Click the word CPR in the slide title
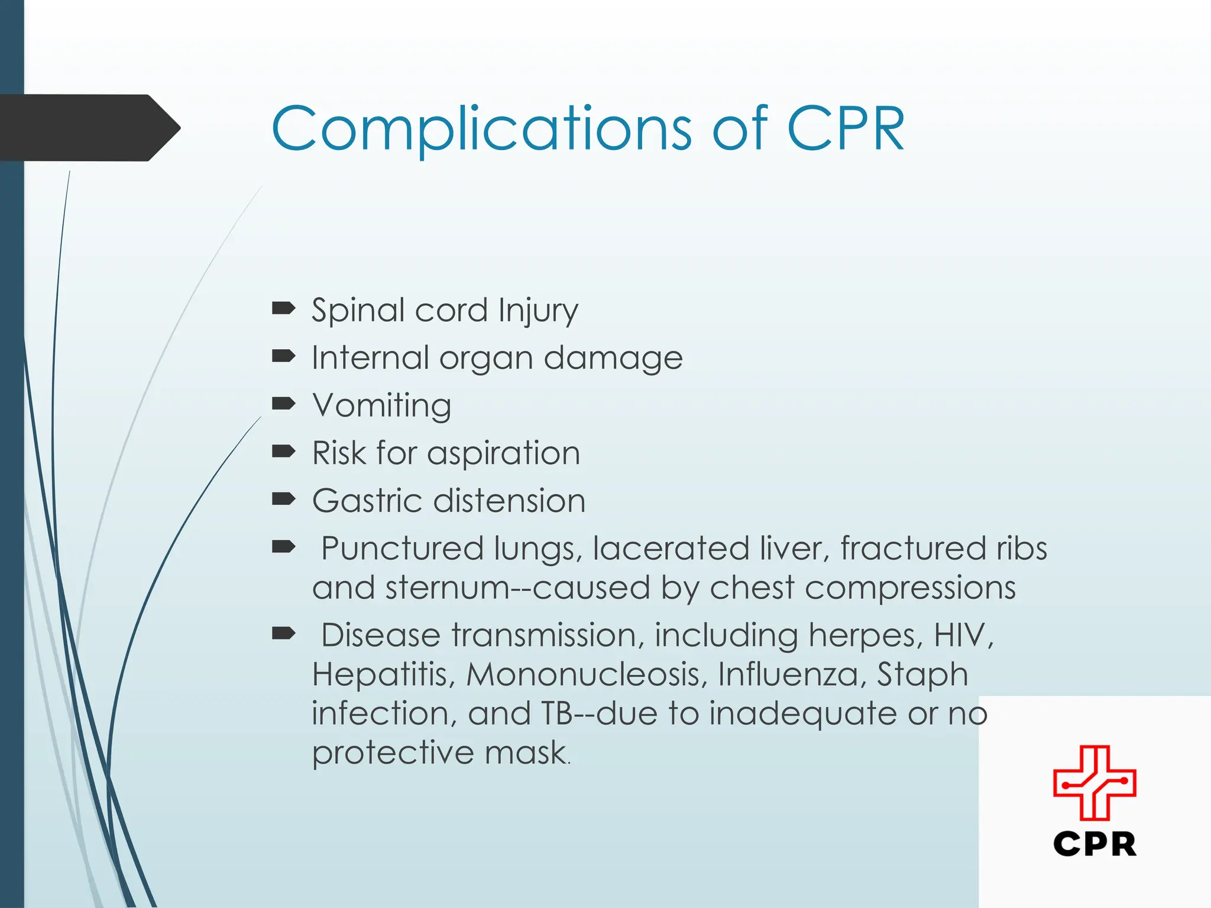(846, 129)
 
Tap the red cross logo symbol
(1095, 783)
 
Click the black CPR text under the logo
(1095, 844)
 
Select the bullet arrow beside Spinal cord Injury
(283, 308)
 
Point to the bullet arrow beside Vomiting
(283, 404)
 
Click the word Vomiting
(382, 406)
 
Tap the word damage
(613, 359)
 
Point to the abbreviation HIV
(963, 635)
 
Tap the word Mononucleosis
(587, 674)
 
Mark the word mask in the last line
(526, 753)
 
